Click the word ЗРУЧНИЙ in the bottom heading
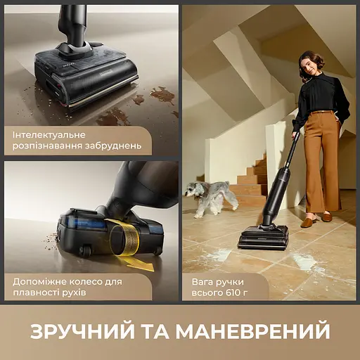83,331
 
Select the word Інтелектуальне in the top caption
49,135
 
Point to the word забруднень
113,146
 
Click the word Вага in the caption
202,282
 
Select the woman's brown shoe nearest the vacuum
307,223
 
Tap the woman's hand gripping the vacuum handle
295,135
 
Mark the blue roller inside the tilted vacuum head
89,223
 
